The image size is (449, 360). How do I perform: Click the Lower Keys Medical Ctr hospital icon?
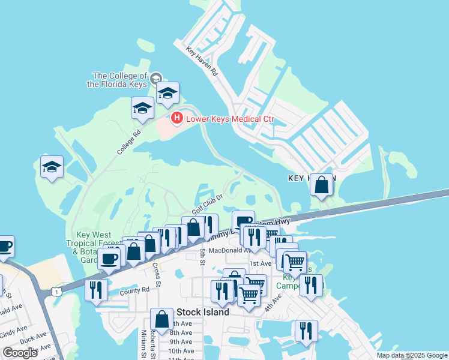tap(176, 118)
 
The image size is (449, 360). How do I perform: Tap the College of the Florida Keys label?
tap(120, 80)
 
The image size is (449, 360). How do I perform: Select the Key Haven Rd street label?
tap(201, 61)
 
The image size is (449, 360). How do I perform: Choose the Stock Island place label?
tap(203, 312)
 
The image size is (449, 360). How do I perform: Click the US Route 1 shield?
tap(56, 291)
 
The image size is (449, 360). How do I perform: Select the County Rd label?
tap(134, 290)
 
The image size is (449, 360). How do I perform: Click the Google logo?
tap(20, 353)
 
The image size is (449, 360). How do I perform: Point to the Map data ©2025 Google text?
tap(411, 355)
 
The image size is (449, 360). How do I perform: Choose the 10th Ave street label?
tap(180, 351)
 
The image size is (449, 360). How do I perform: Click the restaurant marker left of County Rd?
tap(96, 290)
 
